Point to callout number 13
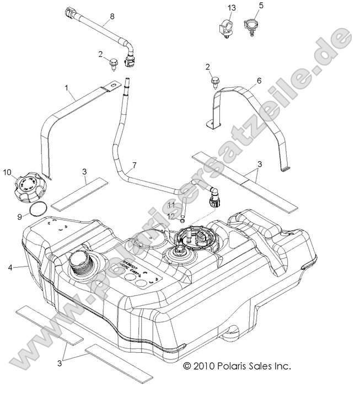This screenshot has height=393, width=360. [x=232, y=7]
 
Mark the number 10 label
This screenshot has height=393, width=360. [x=9, y=172]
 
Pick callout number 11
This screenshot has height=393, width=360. [x=171, y=205]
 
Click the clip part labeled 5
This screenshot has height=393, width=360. [x=252, y=28]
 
